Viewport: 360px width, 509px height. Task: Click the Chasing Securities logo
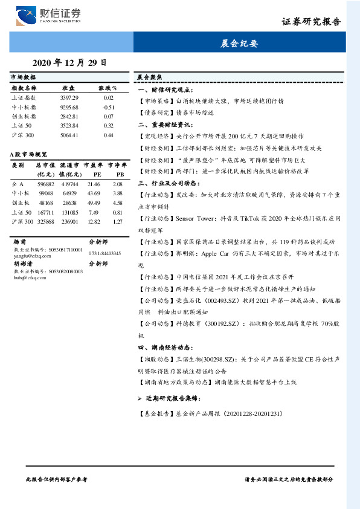48,15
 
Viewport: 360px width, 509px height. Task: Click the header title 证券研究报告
311,22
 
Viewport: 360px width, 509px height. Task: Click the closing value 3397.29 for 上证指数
69,97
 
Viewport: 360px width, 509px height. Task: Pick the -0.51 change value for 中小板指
109,107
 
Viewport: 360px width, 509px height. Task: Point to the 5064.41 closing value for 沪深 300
69,135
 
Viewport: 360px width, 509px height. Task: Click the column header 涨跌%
108,88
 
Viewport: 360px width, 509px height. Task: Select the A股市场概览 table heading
29,155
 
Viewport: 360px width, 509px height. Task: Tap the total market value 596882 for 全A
46,183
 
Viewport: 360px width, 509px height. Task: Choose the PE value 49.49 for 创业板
94,203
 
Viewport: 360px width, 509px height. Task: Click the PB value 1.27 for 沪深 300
117,222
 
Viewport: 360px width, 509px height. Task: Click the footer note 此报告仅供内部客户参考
57,479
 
